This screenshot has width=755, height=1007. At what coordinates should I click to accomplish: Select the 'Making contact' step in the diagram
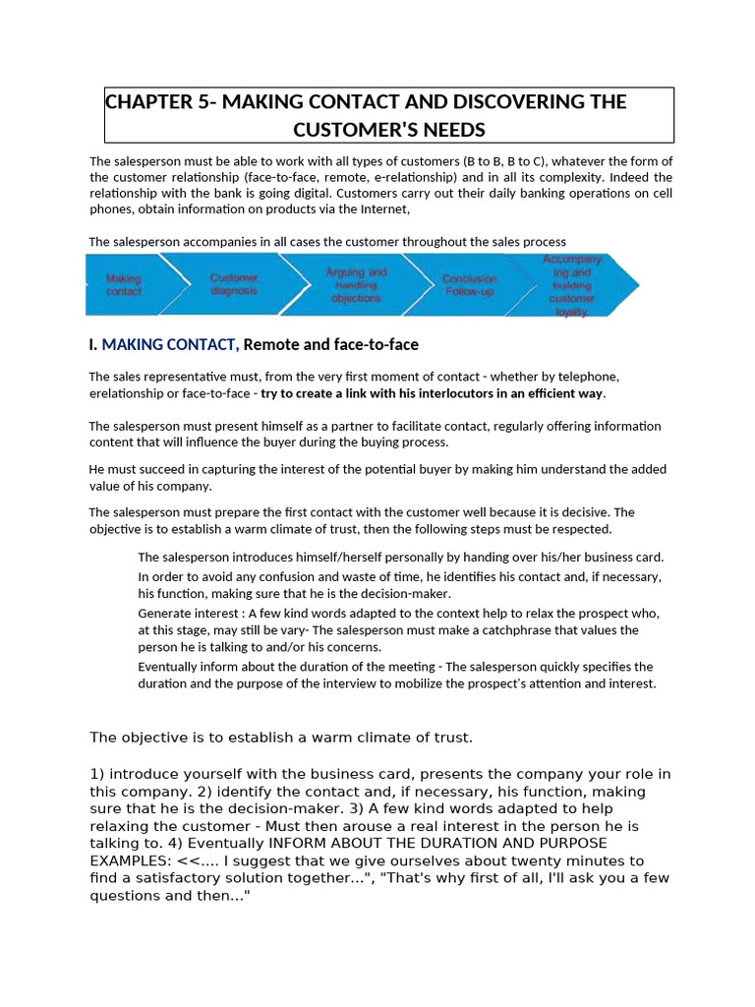click(x=124, y=285)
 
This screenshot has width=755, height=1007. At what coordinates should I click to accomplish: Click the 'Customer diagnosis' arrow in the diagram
click(x=234, y=285)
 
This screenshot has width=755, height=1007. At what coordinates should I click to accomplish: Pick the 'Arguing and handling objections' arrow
click(x=356, y=285)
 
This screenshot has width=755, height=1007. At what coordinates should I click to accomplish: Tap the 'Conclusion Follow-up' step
click(x=469, y=285)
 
